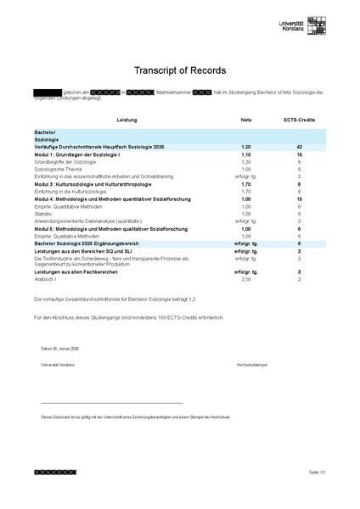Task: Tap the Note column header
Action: [x=246, y=120]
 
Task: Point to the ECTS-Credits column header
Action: [x=299, y=120]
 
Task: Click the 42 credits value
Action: [x=299, y=148]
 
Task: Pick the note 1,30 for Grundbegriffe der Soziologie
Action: [x=246, y=162]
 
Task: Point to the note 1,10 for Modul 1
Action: [x=246, y=155]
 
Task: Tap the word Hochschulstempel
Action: [x=252, y=364]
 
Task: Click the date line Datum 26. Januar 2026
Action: [x=60, y=349]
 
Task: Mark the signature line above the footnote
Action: [x=111, y=403]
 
